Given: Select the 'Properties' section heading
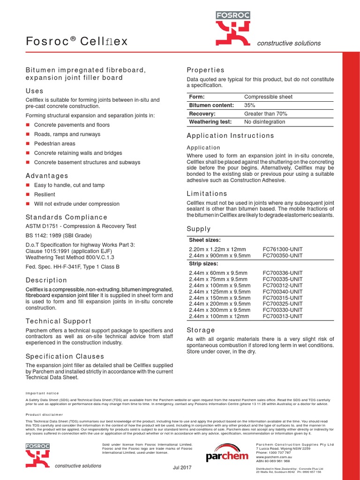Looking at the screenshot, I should (x=205, y=70).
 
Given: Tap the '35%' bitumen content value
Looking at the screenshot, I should (x=250, y=105).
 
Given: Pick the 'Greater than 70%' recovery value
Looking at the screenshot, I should (x=265, y=113).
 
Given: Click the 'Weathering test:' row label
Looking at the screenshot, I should (x=210, y=122).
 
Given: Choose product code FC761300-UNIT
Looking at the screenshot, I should (x=283, y=249).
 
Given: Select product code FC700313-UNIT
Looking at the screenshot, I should (x=283, y=316).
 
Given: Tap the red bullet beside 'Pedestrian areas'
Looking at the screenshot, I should (x=28, y=143).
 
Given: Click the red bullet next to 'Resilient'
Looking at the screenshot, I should (x=28, y=194).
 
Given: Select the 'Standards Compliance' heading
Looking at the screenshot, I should (x=66, y=217).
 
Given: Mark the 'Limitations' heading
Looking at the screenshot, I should (x=207, y=193).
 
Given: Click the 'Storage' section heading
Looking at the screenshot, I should (x=201, y=330).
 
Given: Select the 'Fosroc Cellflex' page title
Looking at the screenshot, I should (x=76, y=42).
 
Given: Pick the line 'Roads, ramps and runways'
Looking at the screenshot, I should (x=67, y=134).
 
